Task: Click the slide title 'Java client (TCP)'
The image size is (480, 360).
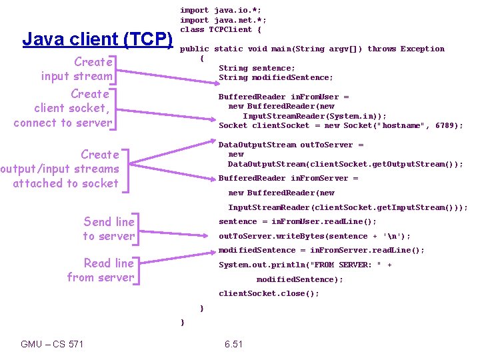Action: [x=97, y=39]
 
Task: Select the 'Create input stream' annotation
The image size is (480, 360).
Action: [x=77, y=69]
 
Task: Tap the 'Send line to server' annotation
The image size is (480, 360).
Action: [x=109, y=229]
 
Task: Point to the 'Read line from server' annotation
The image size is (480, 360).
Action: [x=101, y=270]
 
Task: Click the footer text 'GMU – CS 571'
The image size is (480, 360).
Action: [x=52, y=344]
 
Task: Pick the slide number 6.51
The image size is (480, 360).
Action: [x=233, y=344]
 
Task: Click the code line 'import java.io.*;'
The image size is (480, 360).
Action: [x=221, y=10]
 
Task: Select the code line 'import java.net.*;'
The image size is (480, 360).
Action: [x=223, y=20]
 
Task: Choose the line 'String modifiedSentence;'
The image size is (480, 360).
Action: [x=276, y=77]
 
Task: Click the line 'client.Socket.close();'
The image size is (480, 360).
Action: [x=269, y=293]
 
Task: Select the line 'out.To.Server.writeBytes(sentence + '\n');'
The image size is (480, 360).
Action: [x=315, y=236]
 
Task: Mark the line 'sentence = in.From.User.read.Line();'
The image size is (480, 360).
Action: [x=297, y=221]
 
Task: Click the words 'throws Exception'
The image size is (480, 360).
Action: [x=406, y=49]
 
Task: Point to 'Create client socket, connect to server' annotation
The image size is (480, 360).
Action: [x=63, y=108]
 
